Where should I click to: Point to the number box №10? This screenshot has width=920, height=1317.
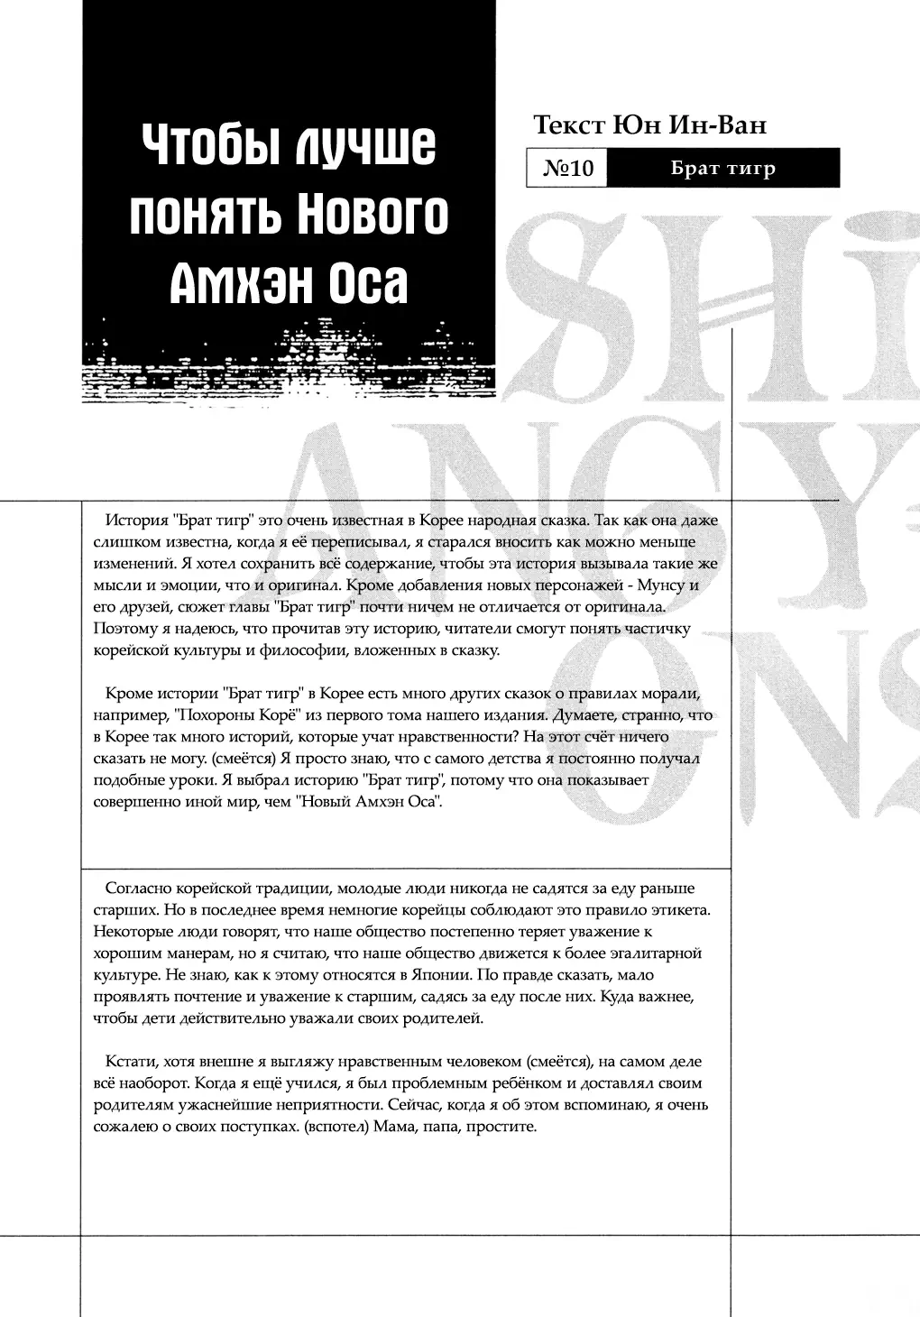coord(567,169)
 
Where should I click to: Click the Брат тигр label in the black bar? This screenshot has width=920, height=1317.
coord(722,169)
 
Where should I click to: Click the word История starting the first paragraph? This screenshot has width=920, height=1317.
coord(136,520)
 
